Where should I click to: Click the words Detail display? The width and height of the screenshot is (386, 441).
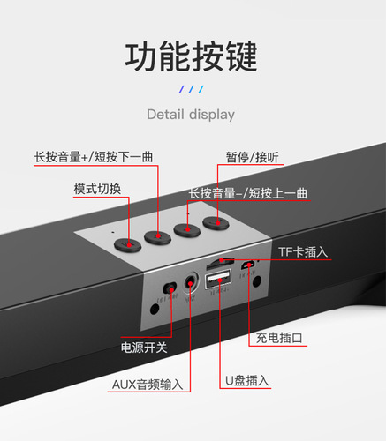point(191,114)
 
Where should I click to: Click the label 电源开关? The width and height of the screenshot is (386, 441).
point(144,348)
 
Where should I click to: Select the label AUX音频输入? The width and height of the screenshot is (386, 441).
point(148,385)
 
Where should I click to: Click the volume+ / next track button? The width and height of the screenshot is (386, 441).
point(157,235)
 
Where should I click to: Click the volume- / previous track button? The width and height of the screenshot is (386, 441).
point(186,229)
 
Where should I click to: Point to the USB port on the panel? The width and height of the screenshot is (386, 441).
point(217,280)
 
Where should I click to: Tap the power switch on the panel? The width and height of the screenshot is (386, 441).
point(169,288)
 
